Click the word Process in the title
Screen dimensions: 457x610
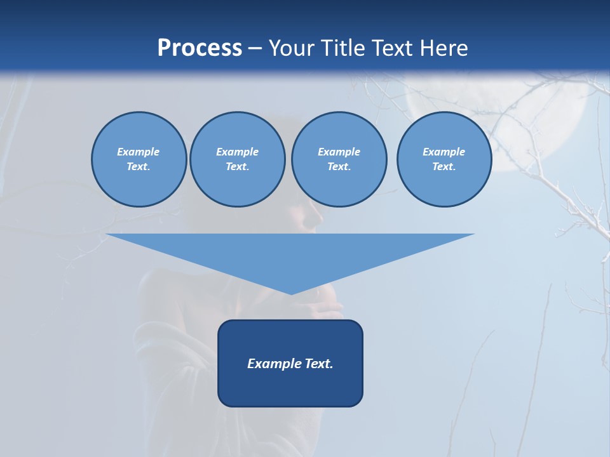tap(200, 48)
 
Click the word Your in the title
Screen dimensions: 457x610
tap(292, 48)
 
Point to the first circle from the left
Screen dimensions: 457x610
tap(139, 159)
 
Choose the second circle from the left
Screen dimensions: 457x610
tap(237, 159)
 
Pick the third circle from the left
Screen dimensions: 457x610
tap(339, 159)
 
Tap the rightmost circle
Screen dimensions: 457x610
tap(444, 159)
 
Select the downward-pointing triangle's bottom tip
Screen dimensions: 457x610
tap(291, 293)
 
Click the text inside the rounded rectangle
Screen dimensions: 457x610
tap(290, 364)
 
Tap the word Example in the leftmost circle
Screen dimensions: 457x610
tap(139, 152)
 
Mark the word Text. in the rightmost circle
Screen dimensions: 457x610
tap(444, 166)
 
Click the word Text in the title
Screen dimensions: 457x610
tap(394, 48)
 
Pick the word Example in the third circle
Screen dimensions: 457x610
tap(339, 152)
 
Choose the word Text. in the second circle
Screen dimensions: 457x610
tap(237, 166)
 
